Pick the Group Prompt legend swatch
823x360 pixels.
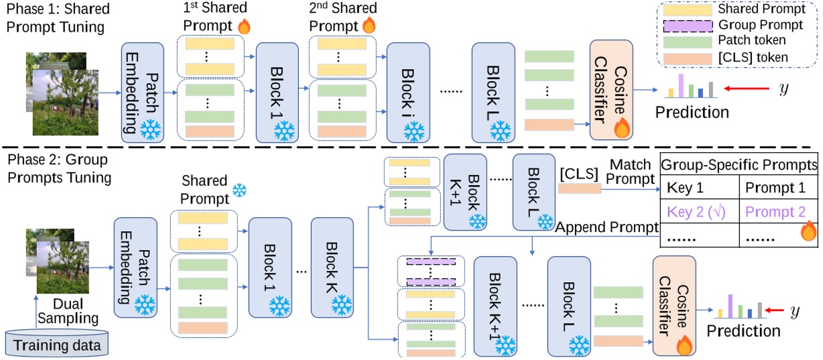click(x=685, y=25)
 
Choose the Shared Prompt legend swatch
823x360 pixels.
click(x=685, y=11)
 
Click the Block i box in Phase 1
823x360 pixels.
click(x=408, y=92)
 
